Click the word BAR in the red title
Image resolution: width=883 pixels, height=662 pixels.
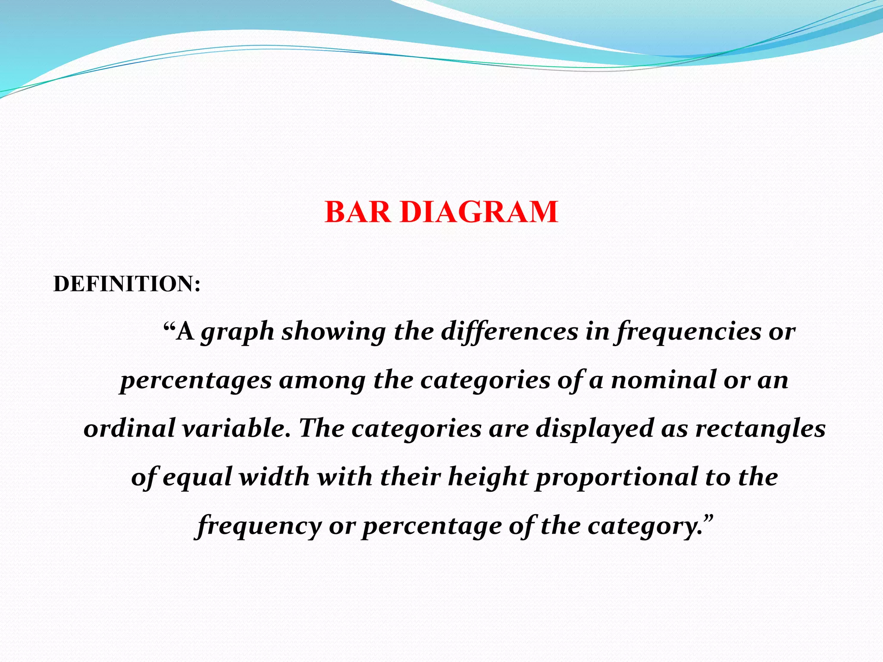click(x=358, y=212)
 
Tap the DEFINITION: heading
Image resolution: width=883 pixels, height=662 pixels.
click(x=127, y=284)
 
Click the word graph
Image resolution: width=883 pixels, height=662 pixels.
click(x=238, y=332)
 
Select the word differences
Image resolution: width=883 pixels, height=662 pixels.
click(x=509, y=332)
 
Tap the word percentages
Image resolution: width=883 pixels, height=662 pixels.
click(x=196, y=381)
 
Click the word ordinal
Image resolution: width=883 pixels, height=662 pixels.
click(x=129, y=429)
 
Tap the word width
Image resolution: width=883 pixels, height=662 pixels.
click(x=274, y=477)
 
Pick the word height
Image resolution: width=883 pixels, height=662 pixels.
click(x=488, y=478)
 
